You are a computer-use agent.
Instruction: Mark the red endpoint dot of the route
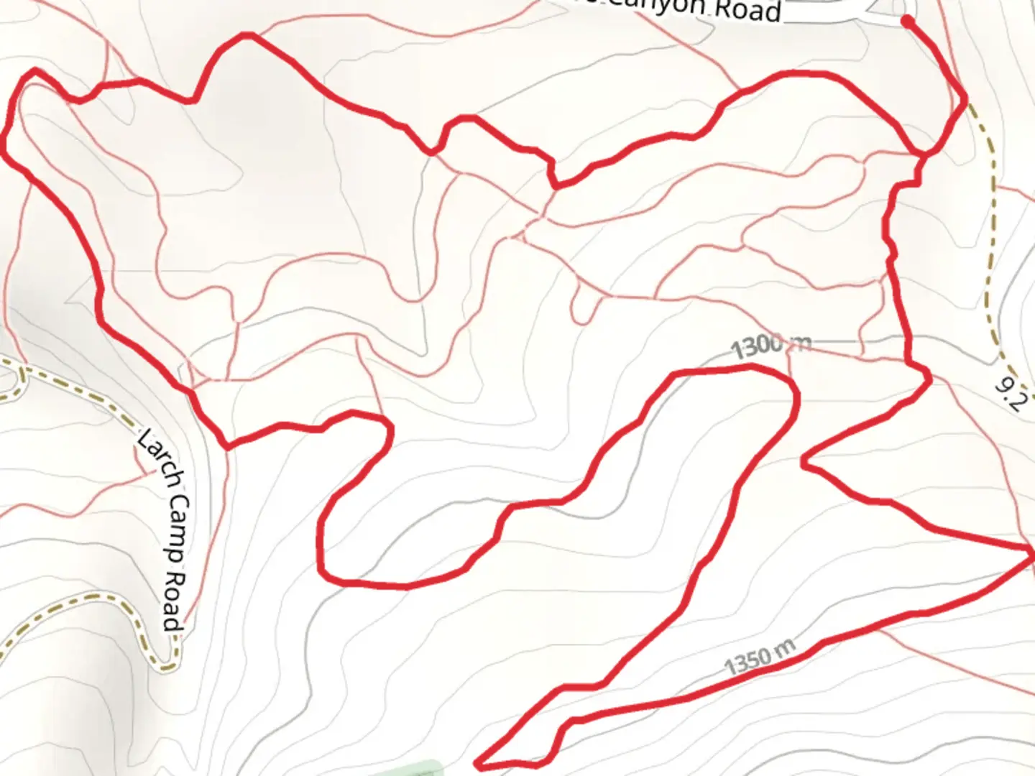pyautogui.click(x=908, y=22)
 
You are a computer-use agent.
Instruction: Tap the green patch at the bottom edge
pyautogui.click(x=417, y=769)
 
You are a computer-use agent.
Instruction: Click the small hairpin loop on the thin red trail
pyautogui.click(x=585, y=309)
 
